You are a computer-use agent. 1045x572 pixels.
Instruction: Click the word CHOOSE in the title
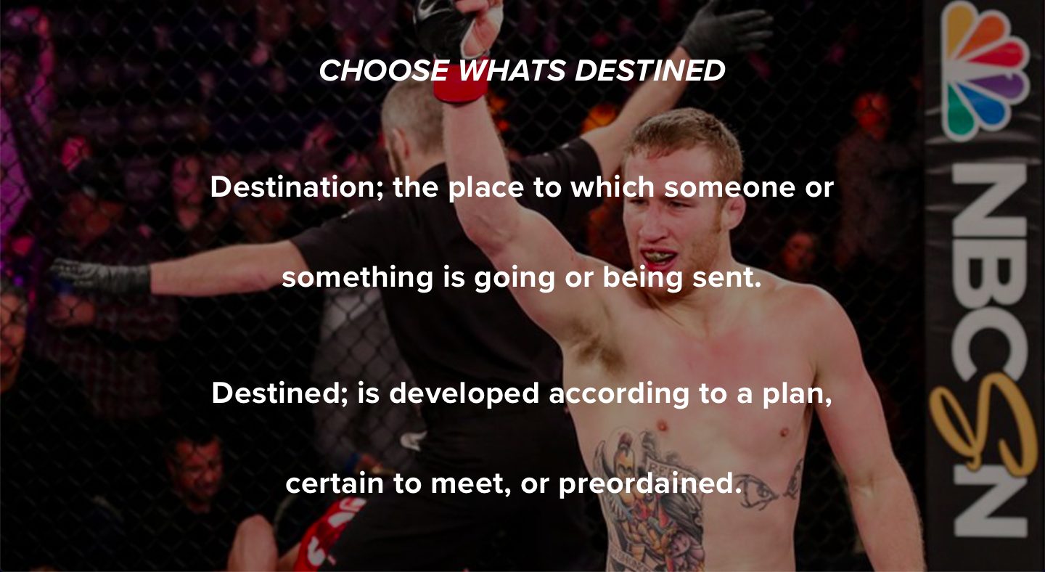[x=384, y=70]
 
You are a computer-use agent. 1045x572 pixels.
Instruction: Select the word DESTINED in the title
[x=650, y=70]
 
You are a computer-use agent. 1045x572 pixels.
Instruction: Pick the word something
[x=358, y=277]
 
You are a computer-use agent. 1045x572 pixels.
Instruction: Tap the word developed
[x=464, y=394]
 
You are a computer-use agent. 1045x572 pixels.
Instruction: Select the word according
[x=619, y=394]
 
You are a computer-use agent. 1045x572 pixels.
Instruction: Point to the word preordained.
[x=650, y=484]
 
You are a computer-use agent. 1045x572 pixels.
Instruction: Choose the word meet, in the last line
[x=470, y=484]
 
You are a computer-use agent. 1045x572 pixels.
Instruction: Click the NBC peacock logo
[x=984, y=70]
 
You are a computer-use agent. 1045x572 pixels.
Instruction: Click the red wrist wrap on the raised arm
[x=460, y=84]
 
